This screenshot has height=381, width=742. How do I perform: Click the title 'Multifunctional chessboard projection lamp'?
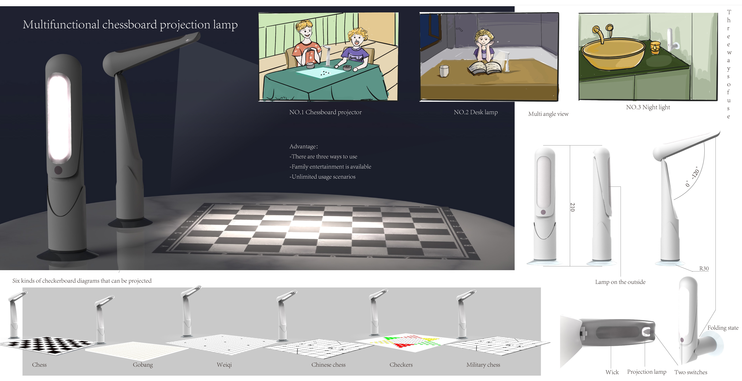click(x=130, y=25)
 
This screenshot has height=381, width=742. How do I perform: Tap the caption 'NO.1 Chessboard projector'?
click(x=325, y=112)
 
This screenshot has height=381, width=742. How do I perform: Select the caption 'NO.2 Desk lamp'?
click(x=476, y=112)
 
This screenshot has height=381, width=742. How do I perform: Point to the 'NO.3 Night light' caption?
click(x=648, y=107)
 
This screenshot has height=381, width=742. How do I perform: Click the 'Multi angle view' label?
click(x=548, y=114)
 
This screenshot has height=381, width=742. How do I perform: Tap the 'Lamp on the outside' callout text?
click(x=620, y=282)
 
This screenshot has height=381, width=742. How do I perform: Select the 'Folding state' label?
click(x=723, y=328)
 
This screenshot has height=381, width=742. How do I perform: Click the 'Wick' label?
click(x=612, y=372)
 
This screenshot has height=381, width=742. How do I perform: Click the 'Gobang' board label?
click(x=143, y=365)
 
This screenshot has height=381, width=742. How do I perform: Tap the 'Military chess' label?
click(x=483, y=365)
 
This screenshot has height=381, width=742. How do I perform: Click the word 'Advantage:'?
click(x=303, y=146)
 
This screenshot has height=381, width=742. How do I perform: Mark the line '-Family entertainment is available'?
click(x=330, y=167)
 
